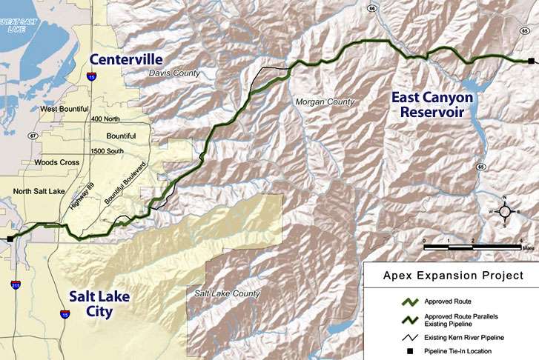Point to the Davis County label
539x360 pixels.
[175, 73]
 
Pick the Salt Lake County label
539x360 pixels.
[228, 294]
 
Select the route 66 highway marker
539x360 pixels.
[371, 8]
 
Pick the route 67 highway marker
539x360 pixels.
[33, 136]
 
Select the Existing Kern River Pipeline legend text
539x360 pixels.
[461, 338]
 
